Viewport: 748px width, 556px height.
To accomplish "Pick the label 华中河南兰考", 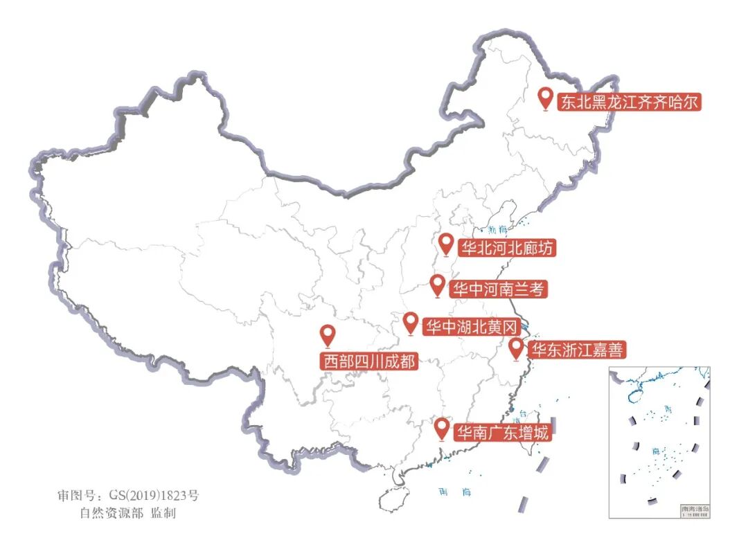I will (x=498, y=289).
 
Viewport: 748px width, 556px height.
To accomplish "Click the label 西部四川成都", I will (x=368, y=361).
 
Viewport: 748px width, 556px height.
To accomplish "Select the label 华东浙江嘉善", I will (x=576, y=350).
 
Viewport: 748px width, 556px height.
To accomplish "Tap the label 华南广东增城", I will (x=504, y=433).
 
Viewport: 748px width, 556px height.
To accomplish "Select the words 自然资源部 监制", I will (x=127, y=514).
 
